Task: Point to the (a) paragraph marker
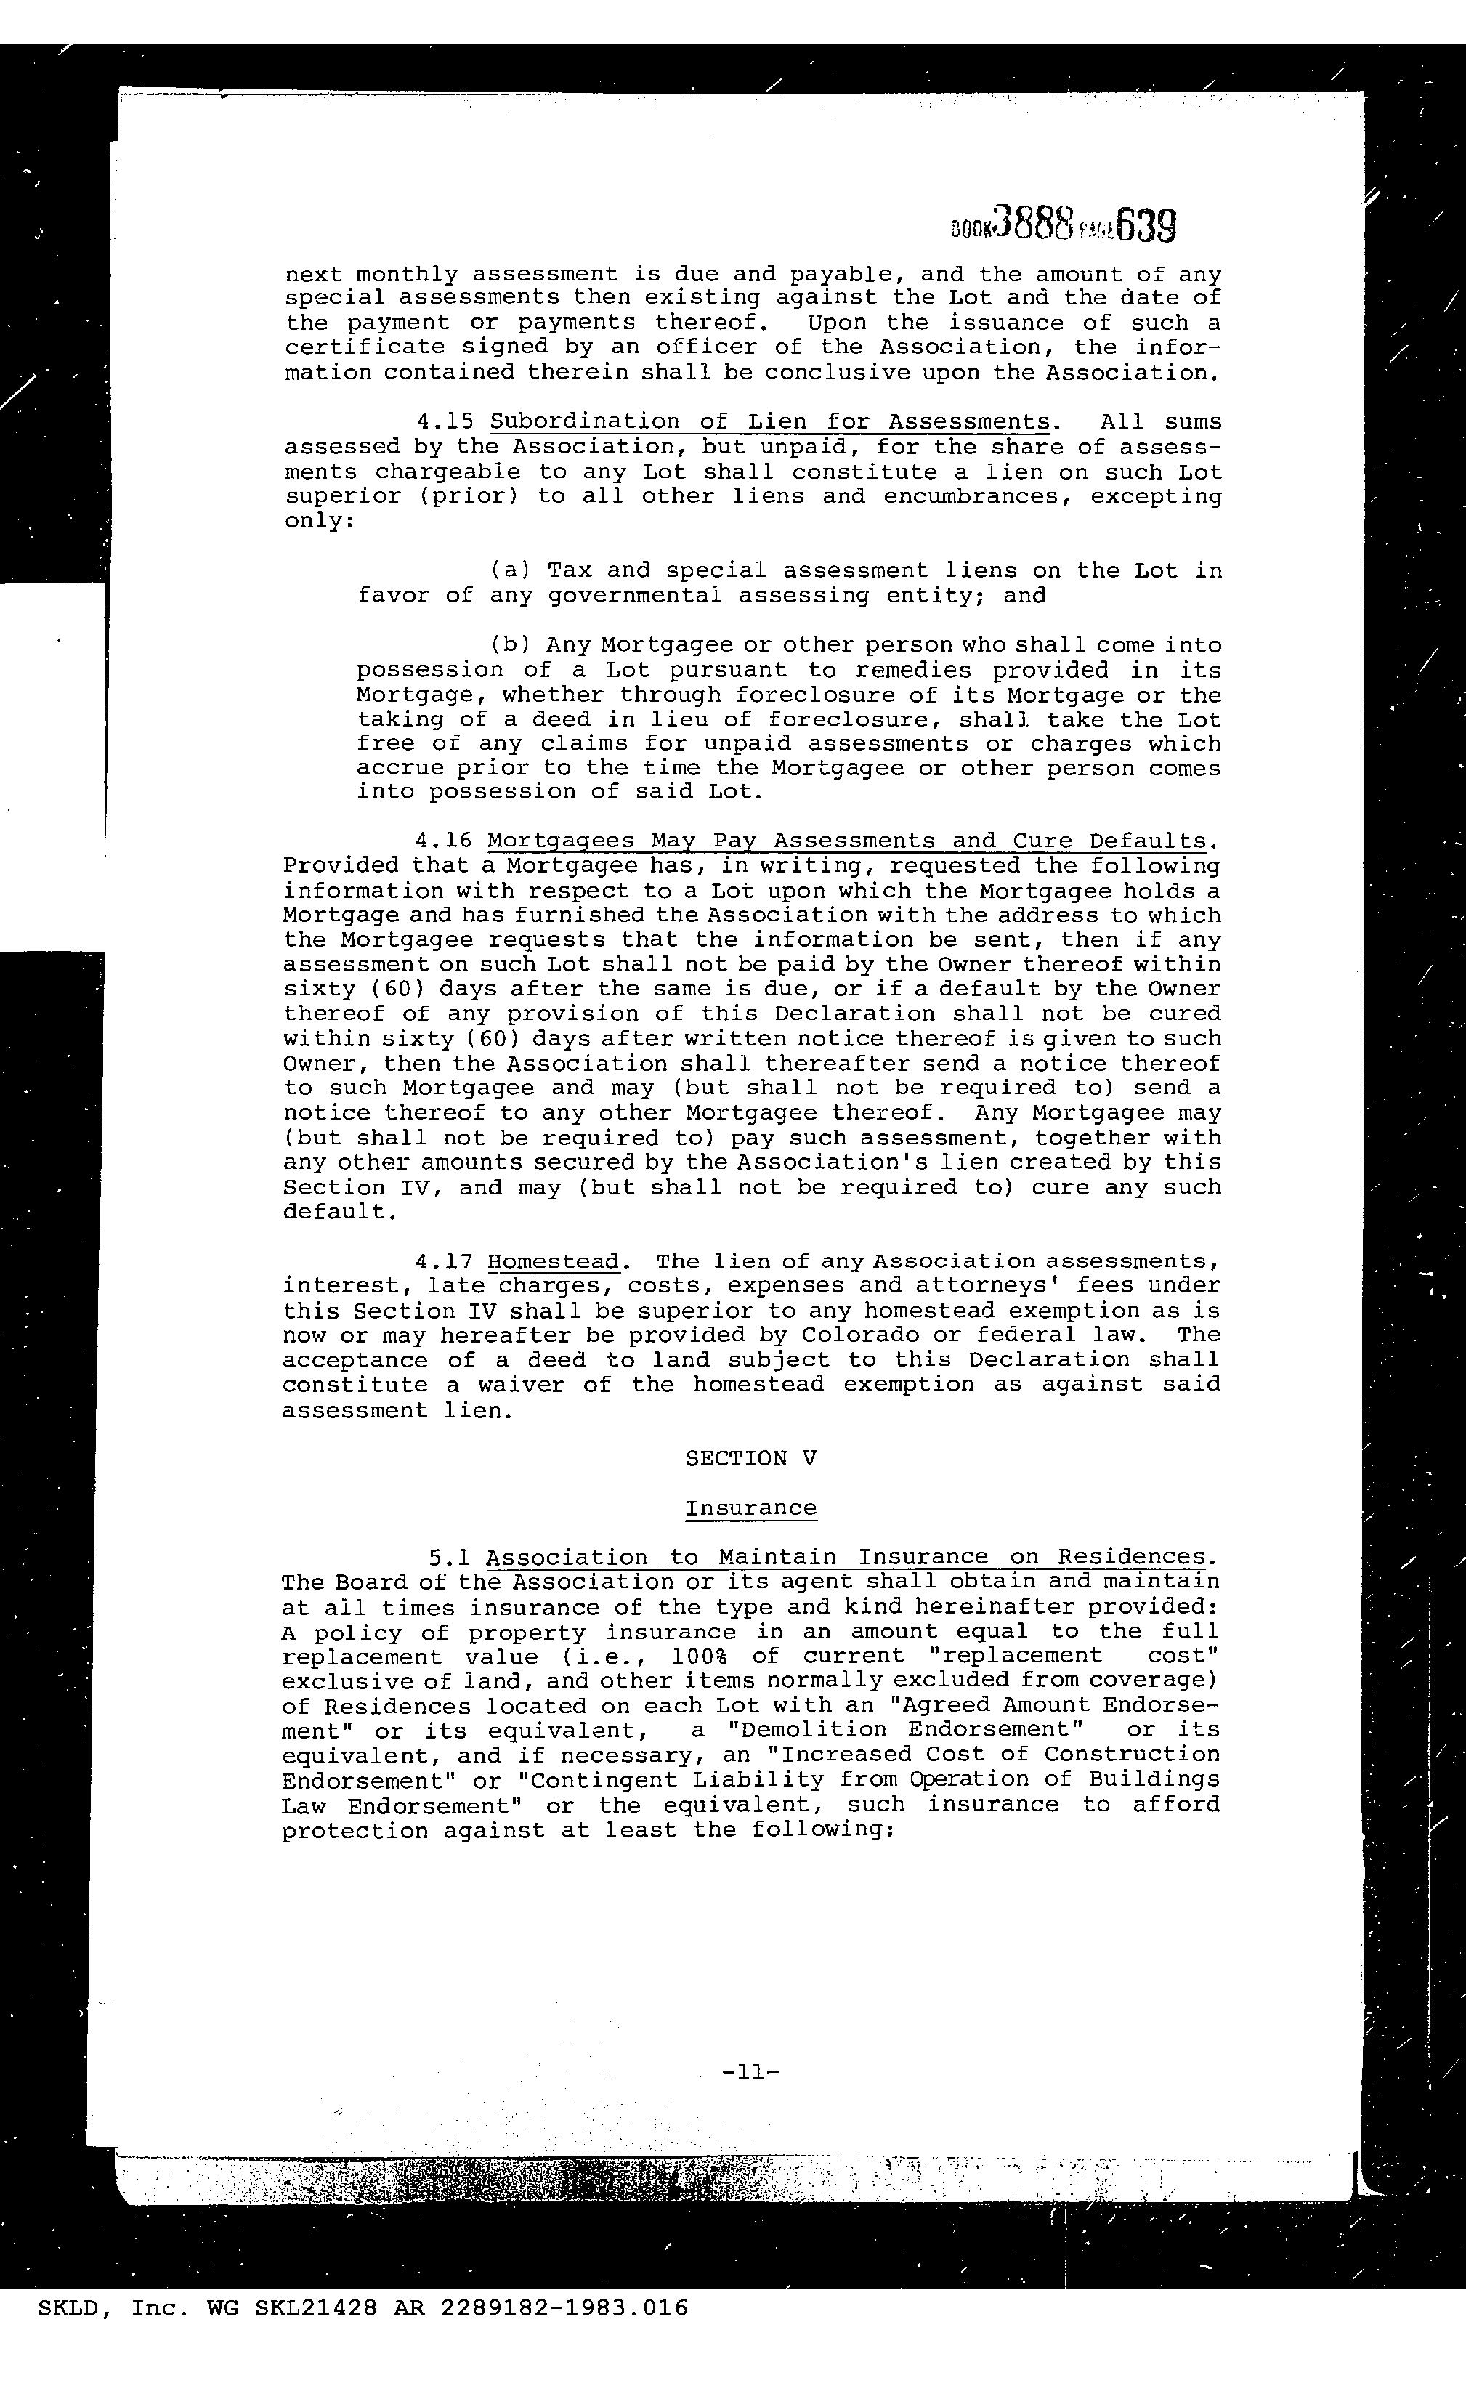[510, 570]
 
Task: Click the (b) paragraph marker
[510, 645]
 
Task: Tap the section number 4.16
[444, 841]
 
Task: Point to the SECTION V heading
[750, 1458]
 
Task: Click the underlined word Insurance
[750, 1508]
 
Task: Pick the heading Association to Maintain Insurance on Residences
[851, 1558]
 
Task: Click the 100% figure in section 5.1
[702, 1656]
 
